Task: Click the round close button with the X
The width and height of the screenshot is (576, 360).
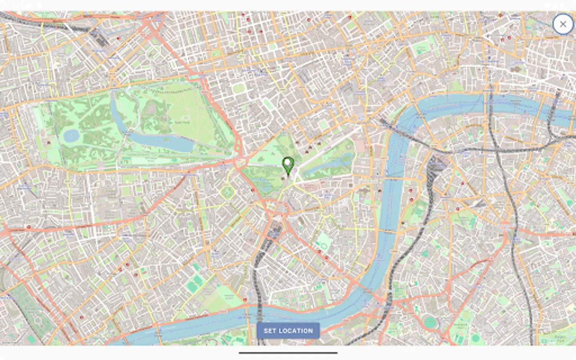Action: tap(563, 24)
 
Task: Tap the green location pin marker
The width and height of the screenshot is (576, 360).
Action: tap(288, 165)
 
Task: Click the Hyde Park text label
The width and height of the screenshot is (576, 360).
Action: tap(182, 122)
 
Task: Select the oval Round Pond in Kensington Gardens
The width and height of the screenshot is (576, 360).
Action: tap(71, 136)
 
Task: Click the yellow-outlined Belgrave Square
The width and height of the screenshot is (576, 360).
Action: tap(227, 192)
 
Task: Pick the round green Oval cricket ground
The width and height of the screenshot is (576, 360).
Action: tap(430, 322)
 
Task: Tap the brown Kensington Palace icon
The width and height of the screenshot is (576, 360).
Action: tap(49, 142)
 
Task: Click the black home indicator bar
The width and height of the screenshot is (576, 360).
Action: tap(288, 353)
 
